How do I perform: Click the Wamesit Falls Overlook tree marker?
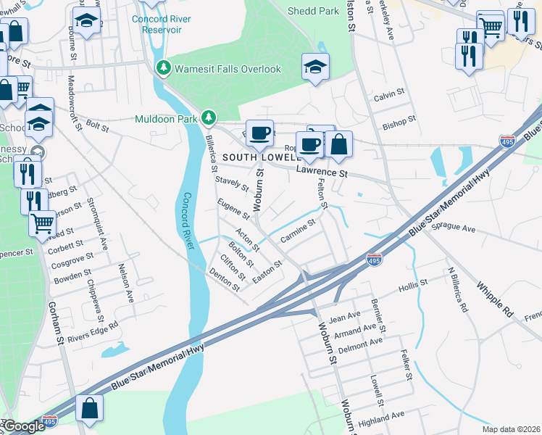[164, 69]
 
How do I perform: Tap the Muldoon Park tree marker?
[209, 117]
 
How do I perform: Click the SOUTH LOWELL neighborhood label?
[261, 157]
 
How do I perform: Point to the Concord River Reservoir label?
[162, 23]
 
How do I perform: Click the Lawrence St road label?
[322, 173]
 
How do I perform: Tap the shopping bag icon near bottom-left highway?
[89, 408]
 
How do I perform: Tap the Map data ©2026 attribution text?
[511, 429]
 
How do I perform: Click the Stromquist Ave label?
[104, 221]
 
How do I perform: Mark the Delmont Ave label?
[365, 344]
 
